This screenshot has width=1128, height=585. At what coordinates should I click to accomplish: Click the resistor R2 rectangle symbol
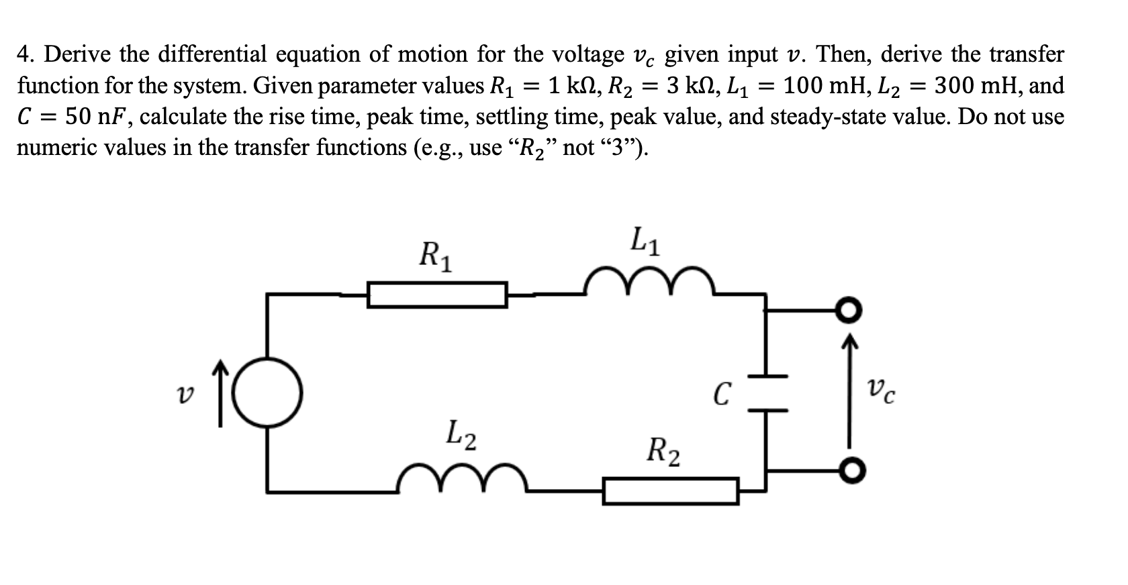(x=671, y=490)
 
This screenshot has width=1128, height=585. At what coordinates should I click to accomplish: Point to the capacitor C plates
(x=765, y=392)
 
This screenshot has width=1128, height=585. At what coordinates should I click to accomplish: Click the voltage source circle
(x=269, y=391)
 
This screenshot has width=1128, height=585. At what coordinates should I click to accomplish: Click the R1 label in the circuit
(x=435, y=256)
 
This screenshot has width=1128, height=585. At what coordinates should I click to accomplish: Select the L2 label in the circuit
(x=462, y=434)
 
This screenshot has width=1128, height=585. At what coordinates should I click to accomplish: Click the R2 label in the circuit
(x=663, y=450)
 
